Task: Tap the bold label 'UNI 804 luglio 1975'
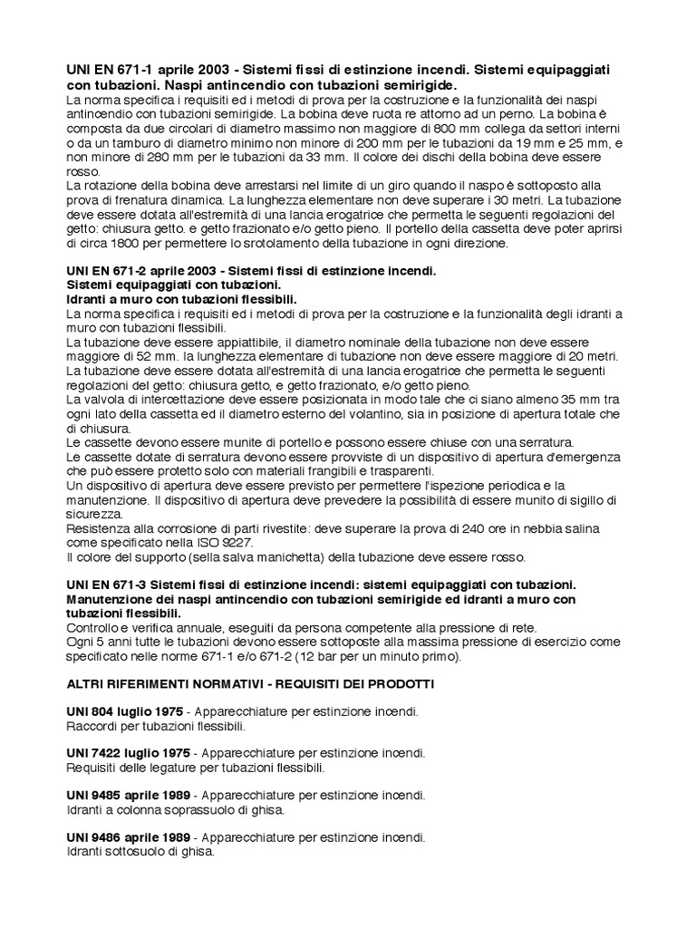pos(125,711)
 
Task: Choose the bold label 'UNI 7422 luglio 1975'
pos(129,753)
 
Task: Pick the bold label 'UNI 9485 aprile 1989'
pos(129,795)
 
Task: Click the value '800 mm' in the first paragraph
pos(390,128)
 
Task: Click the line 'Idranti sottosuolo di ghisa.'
pos(140,852)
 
